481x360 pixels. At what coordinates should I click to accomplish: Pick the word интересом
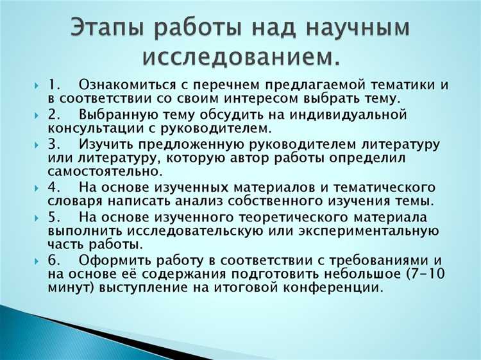(248, 99)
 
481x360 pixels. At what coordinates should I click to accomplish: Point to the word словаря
(72, 201)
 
